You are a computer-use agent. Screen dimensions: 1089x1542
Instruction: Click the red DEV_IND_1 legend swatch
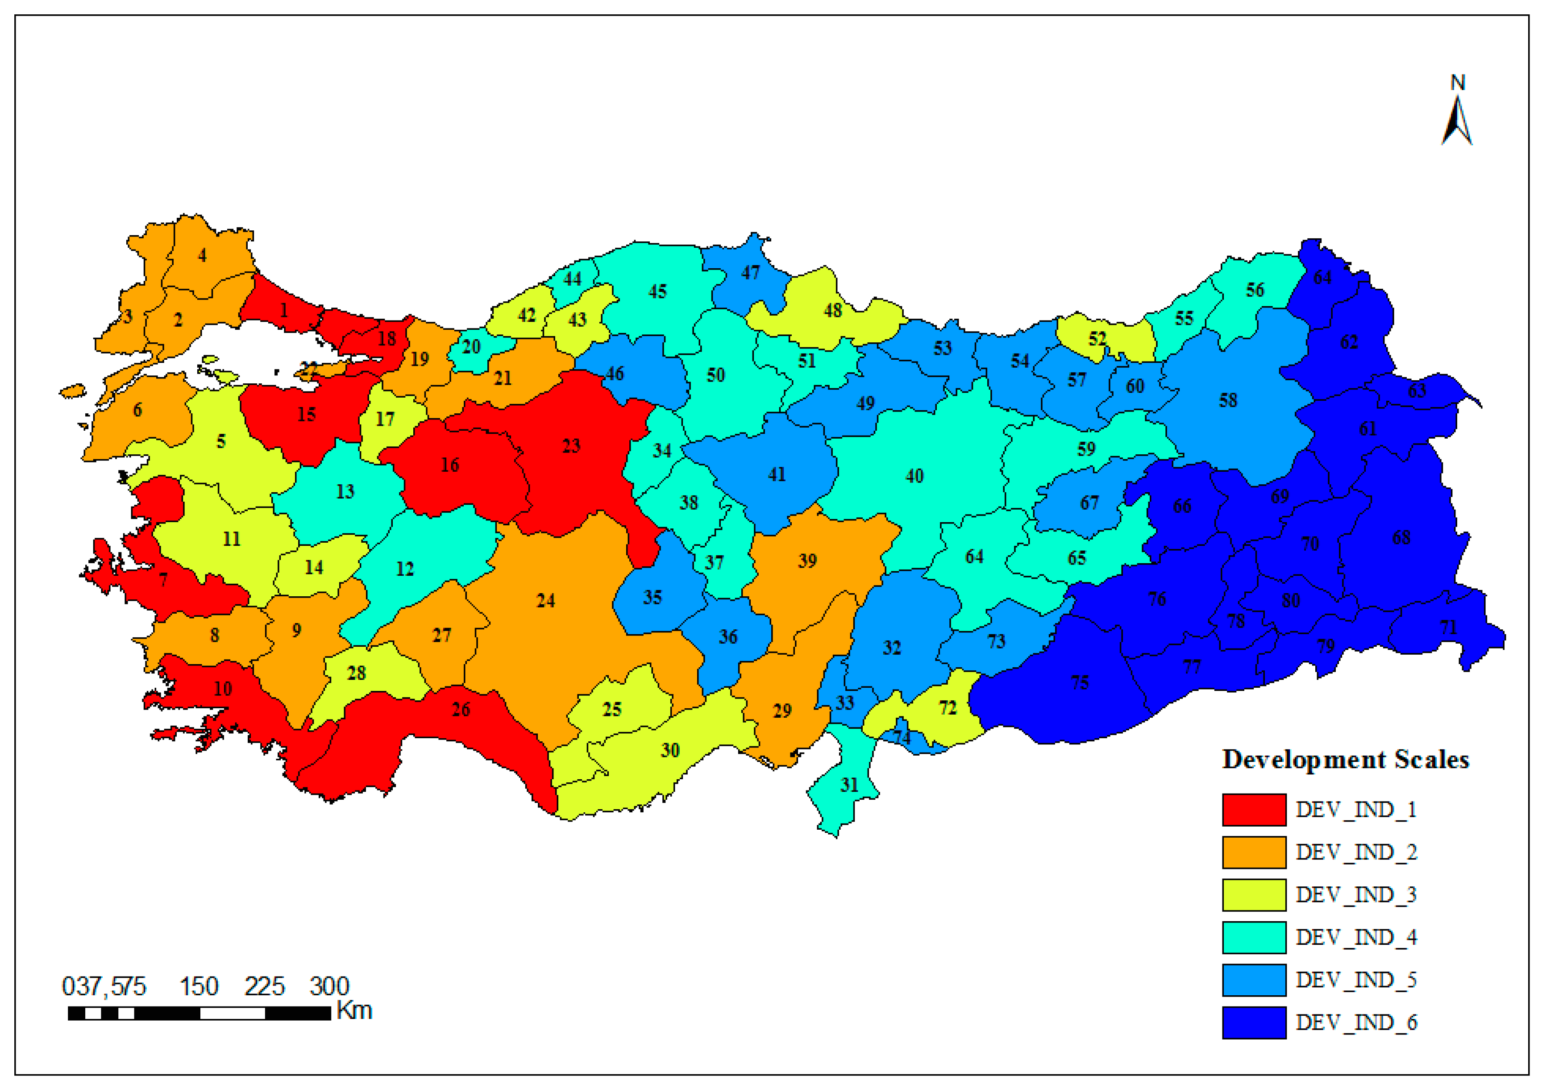1253,810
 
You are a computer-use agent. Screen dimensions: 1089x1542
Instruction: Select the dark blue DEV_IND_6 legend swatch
1253,1022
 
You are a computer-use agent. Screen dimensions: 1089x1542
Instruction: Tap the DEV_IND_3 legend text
1355,895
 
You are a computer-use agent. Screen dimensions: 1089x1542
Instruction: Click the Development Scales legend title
1345,759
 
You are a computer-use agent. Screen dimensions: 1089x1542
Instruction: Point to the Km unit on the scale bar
354,1010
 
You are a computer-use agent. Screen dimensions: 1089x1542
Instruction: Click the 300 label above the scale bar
329,986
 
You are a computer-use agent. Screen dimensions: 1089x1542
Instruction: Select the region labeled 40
914,476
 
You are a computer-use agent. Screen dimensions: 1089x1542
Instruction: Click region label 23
570,446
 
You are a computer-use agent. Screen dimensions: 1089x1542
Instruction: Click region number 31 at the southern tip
849,785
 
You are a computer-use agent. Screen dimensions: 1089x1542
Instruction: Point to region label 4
201,255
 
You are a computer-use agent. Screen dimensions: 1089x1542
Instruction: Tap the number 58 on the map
1228,400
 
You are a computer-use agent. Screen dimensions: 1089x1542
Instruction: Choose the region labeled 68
1401,537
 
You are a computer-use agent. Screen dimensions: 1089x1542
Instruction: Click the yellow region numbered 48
833,310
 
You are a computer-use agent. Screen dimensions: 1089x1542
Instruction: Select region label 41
777,475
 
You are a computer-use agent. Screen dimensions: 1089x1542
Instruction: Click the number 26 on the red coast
461,710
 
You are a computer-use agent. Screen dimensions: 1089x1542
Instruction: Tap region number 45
657,291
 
